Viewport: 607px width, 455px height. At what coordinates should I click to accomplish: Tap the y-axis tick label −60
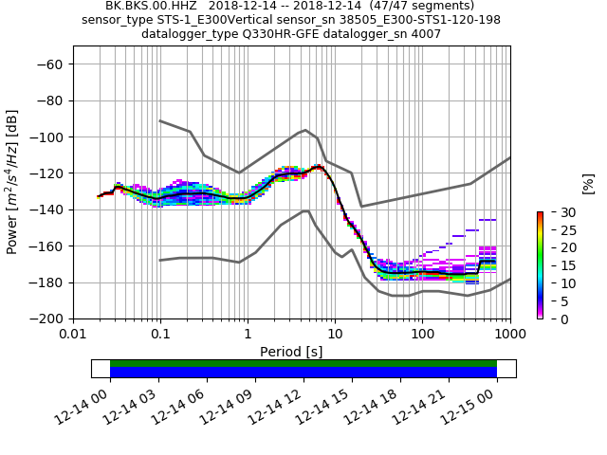[51, 64]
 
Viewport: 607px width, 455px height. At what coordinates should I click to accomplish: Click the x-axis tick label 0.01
[73, 335]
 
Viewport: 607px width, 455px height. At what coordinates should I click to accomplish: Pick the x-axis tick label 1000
[509, 335]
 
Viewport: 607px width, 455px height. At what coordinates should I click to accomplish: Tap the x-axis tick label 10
[335, 335]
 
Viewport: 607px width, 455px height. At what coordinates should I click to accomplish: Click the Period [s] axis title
[291, 352]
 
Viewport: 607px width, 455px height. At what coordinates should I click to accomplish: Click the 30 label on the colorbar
[556, 211]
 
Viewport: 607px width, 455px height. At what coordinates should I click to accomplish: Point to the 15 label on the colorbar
[556, 265]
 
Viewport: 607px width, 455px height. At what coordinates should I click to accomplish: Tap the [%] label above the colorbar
[588, 183]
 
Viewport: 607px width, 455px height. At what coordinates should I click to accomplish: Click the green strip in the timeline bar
[303, 363]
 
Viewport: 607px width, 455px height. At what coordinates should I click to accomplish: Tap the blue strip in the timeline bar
[303, 373]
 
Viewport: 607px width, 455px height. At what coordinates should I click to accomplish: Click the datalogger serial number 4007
[426, 34]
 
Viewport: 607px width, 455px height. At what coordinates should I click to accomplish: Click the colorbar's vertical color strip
[540, 265]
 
